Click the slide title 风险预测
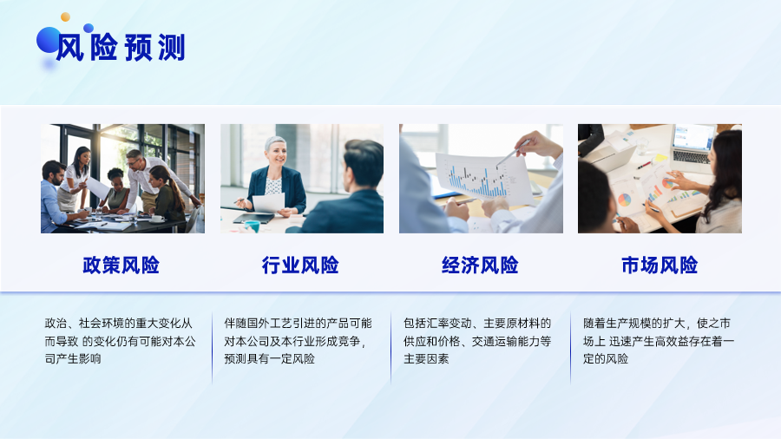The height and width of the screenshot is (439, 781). [121, 48]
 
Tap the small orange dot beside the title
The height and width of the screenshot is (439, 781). [65, 17]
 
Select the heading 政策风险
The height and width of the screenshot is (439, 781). [121, 265]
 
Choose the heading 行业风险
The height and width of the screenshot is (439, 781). [300, 265]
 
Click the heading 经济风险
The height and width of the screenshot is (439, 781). [480, 265]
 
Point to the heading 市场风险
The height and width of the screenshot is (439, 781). [660, 265]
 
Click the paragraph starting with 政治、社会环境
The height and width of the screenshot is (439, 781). [120, 341]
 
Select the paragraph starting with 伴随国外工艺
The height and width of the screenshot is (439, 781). [298, 341]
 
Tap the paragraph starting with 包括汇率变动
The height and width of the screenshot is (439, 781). [477, 341]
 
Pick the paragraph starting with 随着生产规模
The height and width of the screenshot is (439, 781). [659, 341]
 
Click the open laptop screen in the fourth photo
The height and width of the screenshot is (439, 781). [693, 137]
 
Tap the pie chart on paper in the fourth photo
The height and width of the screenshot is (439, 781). [624, 200]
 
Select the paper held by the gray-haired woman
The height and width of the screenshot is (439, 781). [268, 203]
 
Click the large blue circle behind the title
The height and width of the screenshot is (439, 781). [49, 40]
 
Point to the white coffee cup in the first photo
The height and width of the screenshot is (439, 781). [157, 218]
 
